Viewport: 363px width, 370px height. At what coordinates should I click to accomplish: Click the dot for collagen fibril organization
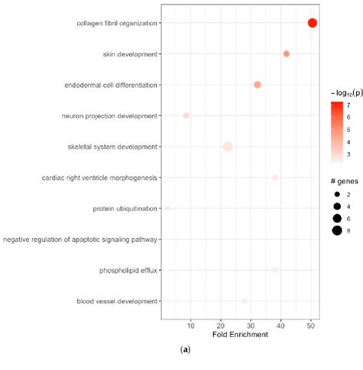pos(312,23)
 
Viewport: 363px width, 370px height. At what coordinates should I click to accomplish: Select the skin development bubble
pos(286,54)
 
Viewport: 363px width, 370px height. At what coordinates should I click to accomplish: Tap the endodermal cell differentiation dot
pos(257,84)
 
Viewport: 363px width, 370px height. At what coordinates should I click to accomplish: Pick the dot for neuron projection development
pos(186,116)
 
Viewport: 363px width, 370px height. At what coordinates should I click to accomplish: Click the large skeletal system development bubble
pos(227,147)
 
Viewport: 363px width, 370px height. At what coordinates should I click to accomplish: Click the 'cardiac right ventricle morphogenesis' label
pos(100,177)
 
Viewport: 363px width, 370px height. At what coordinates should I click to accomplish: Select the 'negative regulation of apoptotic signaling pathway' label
pos(80,240)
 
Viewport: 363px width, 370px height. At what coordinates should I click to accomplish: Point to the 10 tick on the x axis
pos(191,324)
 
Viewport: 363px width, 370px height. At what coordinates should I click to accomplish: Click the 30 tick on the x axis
pos(250,324)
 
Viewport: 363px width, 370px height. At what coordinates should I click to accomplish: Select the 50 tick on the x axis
pos(311,324)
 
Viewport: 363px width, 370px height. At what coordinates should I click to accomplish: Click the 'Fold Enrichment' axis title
pos(240,334)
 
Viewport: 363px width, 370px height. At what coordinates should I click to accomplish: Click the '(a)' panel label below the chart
pos(184,350)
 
